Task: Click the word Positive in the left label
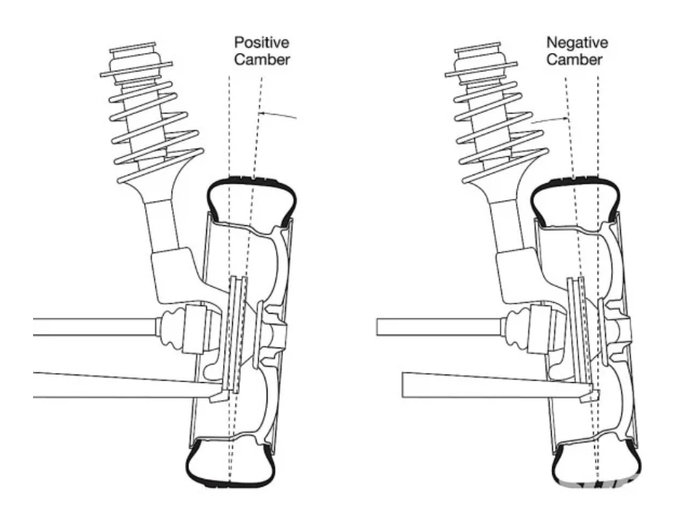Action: coord(262,42)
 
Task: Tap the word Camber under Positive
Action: coord(262,58)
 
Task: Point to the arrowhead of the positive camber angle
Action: coord(261,115)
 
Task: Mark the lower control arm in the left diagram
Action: coord(115,382)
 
